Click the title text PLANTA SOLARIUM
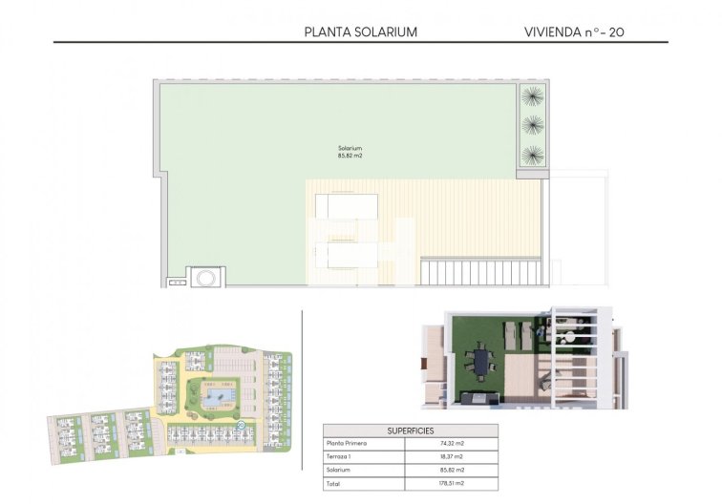pos(360,31)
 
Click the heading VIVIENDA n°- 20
pos(575,31)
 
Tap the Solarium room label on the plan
pos(350,148)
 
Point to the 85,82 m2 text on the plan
pos(350,157)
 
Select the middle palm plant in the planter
pos(533,124)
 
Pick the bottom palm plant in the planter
pos(533,154)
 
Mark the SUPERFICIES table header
pos(410,430)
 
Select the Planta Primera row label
pos(348,444)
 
